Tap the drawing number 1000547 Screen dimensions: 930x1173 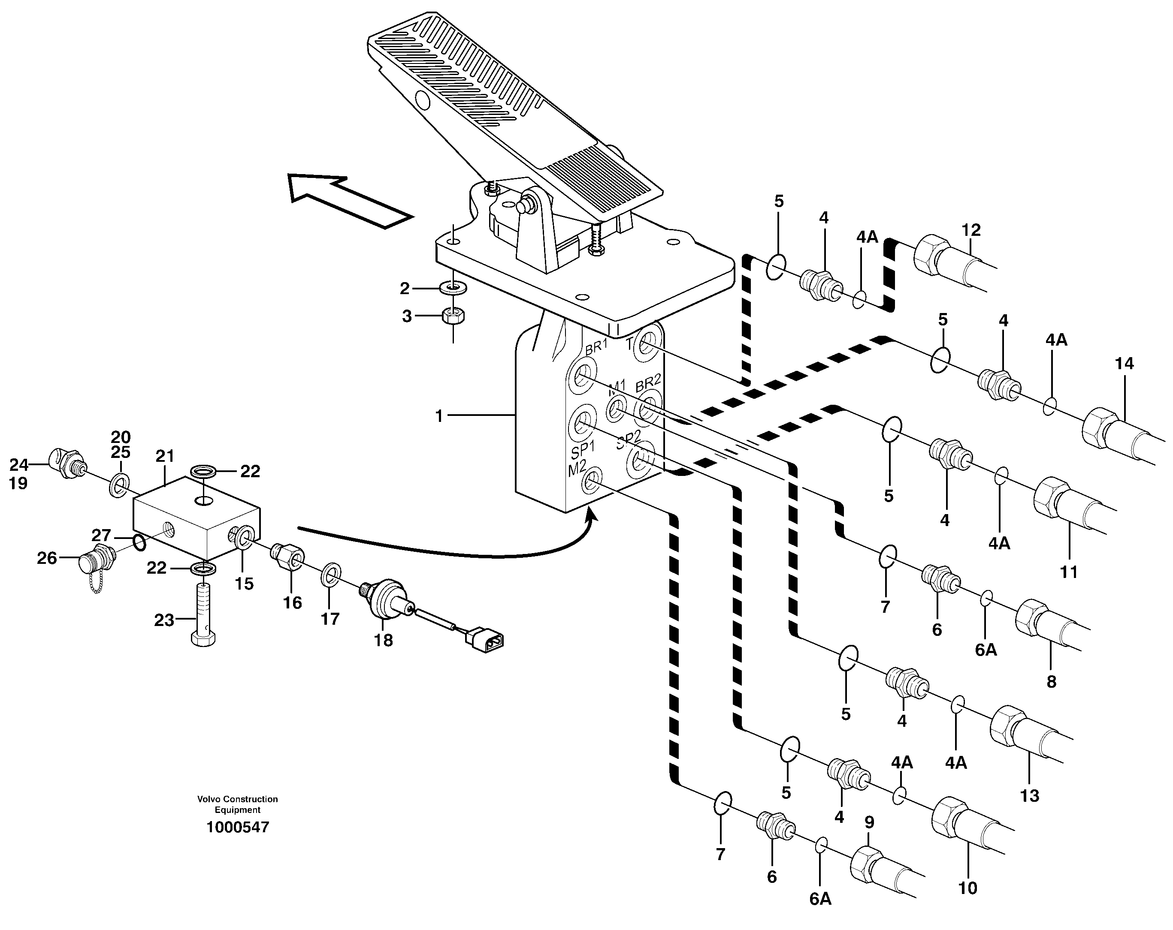pyautogui.click(x=238, y=828)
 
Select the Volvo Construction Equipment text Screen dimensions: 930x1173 pyautogui.click(x=238, y=804)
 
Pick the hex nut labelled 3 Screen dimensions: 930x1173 pyautogui.click(x=453, y=316)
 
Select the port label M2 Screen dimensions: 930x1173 pyautogui.click(x=577, y=468)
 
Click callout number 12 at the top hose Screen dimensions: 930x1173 pyautogui.click(x=970, y=230)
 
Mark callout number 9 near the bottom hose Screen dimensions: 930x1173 pyautogui.click(x=869, y=823)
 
